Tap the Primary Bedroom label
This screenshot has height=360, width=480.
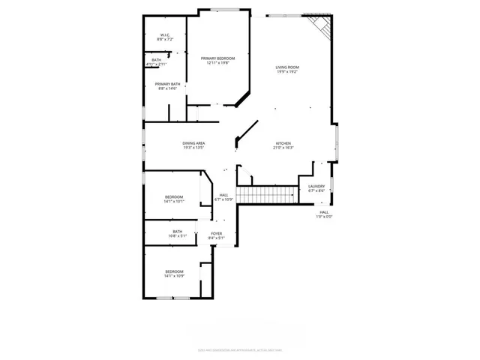(217, 58)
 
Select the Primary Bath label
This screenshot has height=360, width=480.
(167, 84)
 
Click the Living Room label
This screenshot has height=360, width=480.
(287, 67)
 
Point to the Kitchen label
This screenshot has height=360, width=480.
(283, 143)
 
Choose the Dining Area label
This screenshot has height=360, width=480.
(193, 142)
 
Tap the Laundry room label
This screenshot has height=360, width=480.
(316, 186)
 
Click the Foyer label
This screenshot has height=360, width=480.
(216, 233)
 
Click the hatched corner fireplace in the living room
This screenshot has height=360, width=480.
(322, 28)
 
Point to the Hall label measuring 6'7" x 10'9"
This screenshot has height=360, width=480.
(223, 197)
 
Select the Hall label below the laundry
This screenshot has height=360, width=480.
(324, 212)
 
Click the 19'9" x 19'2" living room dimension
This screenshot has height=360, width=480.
(287, 73)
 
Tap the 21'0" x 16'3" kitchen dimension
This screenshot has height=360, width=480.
(283, 148)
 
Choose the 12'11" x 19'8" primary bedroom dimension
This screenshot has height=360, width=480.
(217, 63)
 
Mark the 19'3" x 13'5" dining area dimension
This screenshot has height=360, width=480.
(193, 148)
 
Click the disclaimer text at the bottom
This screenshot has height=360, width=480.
(239, 348)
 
